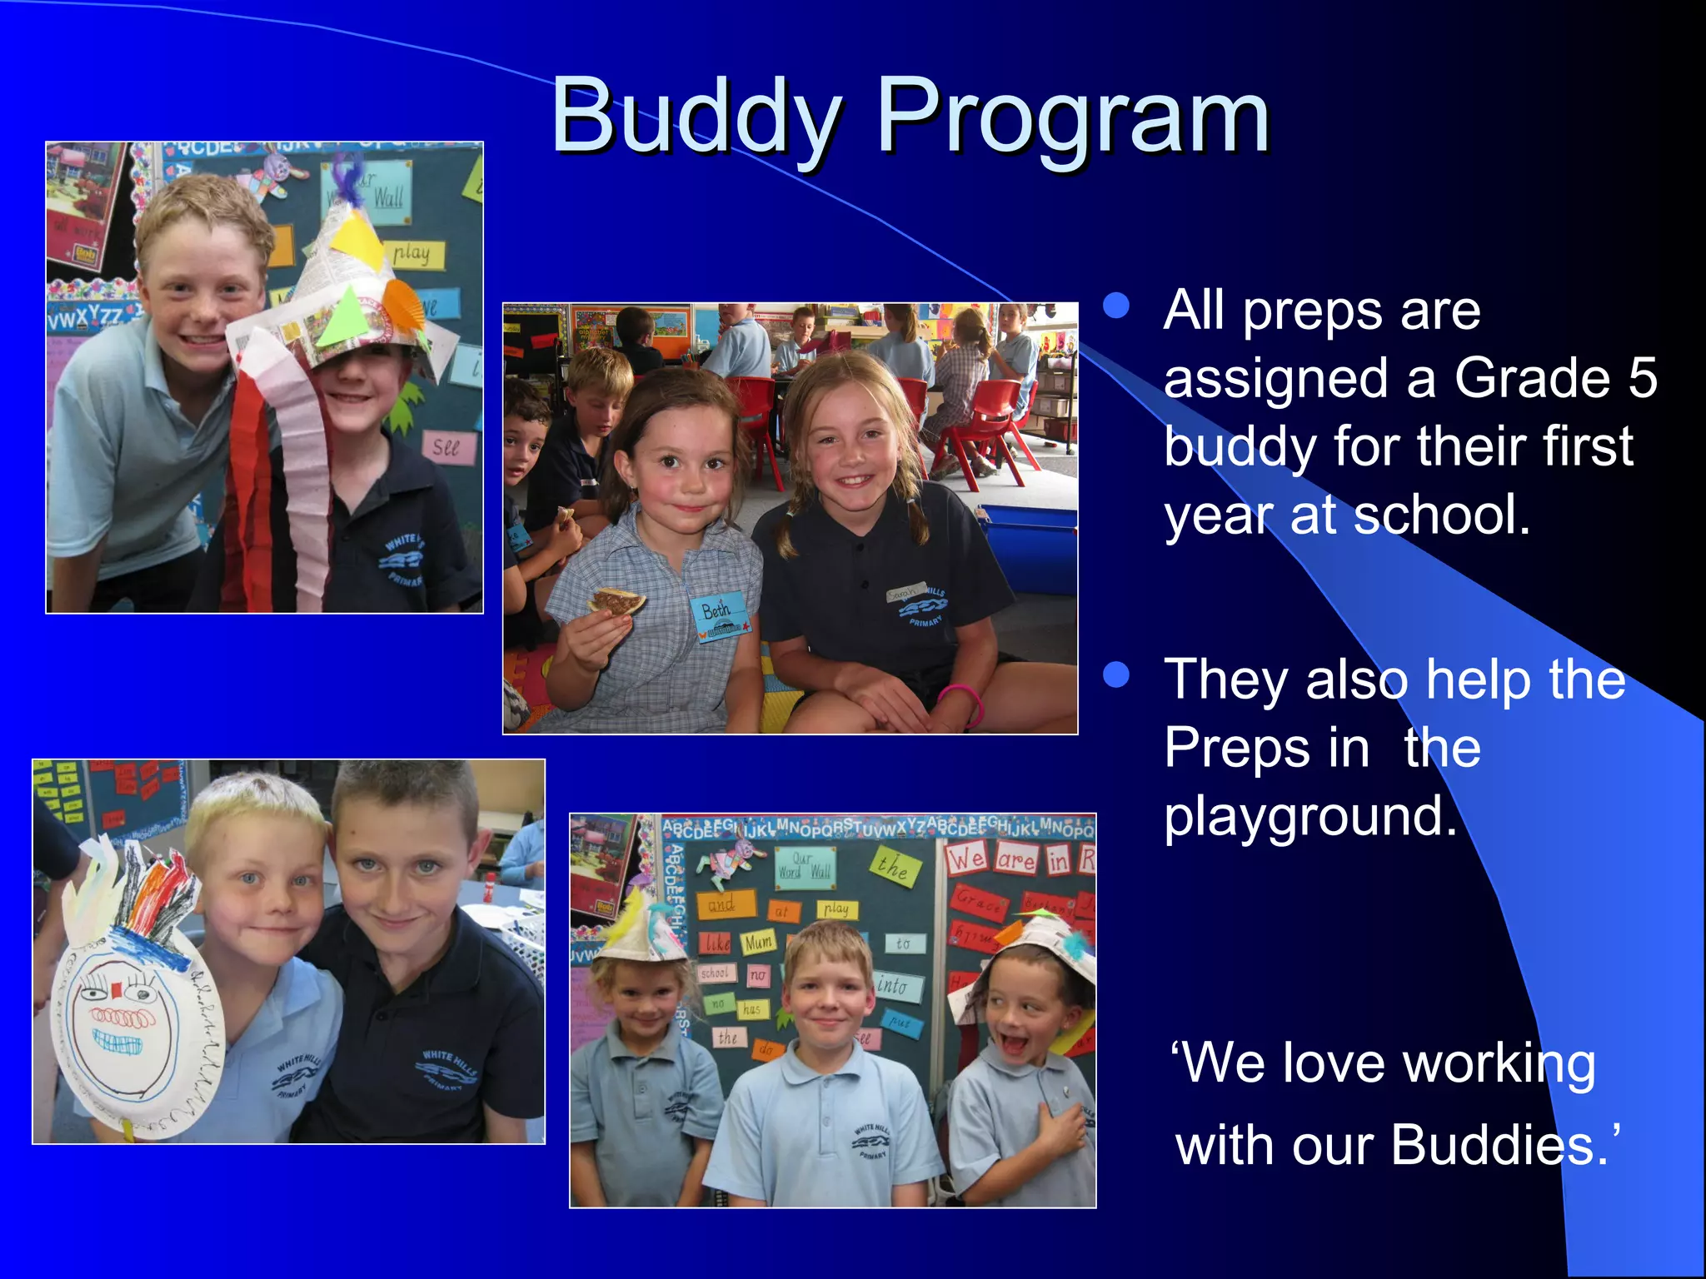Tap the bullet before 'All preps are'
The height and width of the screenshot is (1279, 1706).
[x=1115, y=306]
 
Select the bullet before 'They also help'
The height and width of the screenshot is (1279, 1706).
[x=1115, y=674]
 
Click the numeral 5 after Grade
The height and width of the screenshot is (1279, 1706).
[x=1641, y=377]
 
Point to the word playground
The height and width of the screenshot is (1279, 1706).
[x=1309, y=816]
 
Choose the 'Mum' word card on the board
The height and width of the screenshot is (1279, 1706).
[x=758, y=943]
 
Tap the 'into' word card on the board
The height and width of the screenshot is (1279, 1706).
[x=896, y=987]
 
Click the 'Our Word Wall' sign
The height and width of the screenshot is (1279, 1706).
[x=803, y=866]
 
